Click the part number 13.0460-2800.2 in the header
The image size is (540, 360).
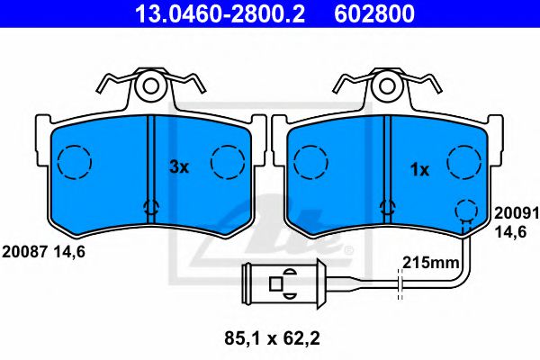coord(210,13)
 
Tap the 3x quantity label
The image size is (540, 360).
coord(180,166)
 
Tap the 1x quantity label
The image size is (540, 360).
coord(419,168)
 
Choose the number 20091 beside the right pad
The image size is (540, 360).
coord(513,215)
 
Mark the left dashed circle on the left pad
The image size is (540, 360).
coord(75,162)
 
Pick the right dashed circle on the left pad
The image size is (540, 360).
coord(228,162)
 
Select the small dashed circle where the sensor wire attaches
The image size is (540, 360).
coord(464,211)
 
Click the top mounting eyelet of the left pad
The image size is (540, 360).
coord(150,86)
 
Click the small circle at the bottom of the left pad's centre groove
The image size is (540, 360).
coord(151,208)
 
